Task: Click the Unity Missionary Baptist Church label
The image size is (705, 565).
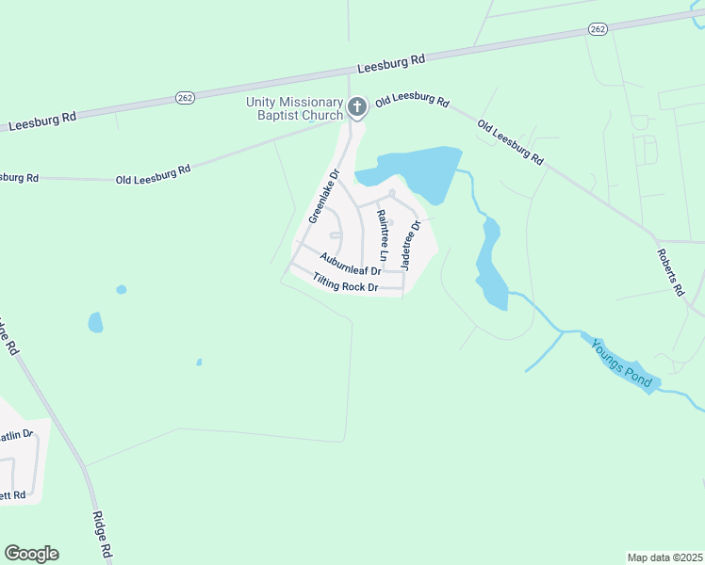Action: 294,108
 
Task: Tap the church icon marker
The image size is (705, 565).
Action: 356,107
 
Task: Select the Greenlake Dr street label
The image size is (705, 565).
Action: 322,196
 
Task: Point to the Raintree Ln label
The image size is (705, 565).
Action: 382,234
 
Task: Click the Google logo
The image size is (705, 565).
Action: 31,554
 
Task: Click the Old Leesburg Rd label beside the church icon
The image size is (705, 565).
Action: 412,101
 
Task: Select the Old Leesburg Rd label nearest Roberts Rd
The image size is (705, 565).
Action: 510,142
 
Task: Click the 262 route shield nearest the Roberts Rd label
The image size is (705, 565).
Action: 598,29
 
